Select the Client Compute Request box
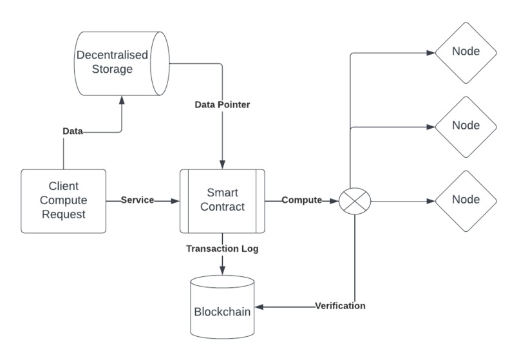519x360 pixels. coord(63,201)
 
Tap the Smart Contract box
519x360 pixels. coord(222,200)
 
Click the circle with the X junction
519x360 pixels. coord(355,201)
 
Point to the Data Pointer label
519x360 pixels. coord(222,105)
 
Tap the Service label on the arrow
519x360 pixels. coord(138,200)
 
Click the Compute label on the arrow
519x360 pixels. coord(301,200)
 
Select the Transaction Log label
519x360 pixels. coord(222,249)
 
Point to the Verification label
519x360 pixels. coord(340,306)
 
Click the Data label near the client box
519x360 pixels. coord(72,131)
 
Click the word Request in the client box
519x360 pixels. coord(63,214)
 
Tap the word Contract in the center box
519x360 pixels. coord(222,207)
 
